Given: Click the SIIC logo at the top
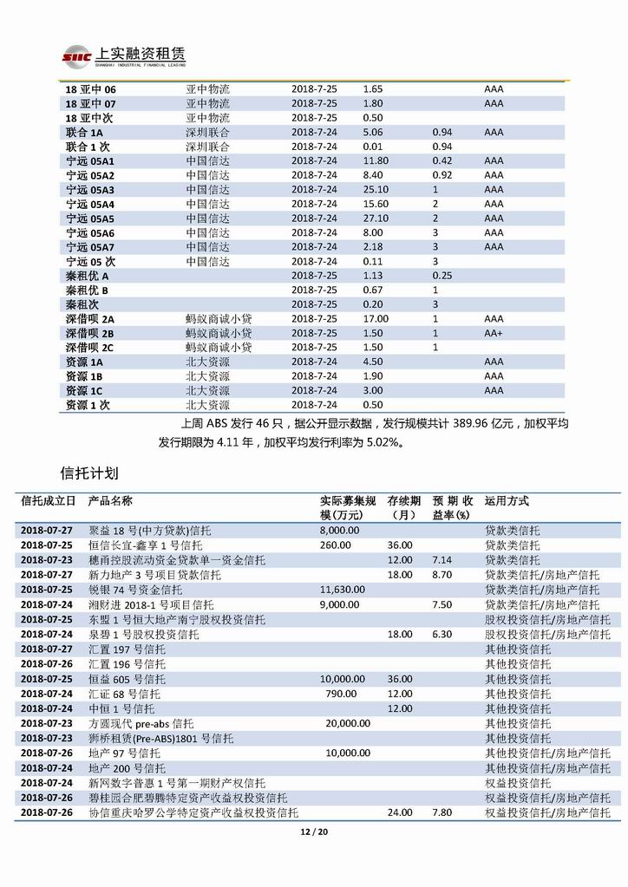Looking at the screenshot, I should coord(77,56).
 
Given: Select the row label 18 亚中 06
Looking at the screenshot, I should coord(90,89).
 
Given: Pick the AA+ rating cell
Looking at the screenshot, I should coord(494,333).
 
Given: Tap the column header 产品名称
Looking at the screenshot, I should coord(111,501).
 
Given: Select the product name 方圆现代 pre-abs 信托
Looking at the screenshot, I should coord(141,722).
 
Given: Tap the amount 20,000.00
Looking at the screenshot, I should coord(348,722).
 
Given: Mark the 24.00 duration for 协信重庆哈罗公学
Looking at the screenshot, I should coord(400,812).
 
